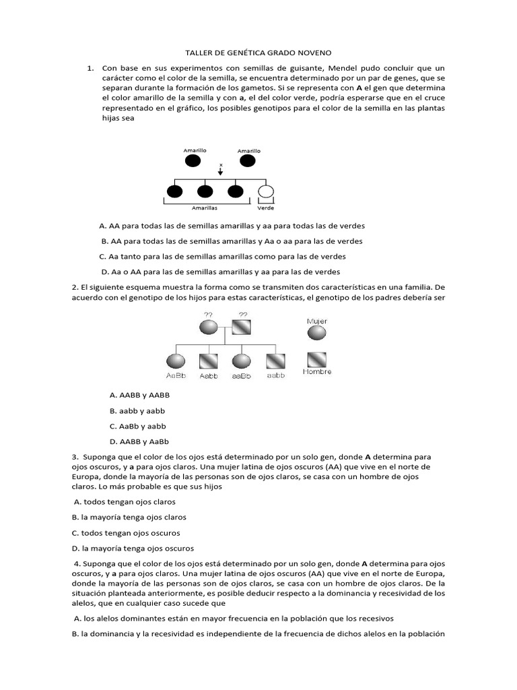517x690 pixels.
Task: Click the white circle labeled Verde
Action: click(x=267, y=192)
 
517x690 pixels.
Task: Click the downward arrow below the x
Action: click(x=220, y=172)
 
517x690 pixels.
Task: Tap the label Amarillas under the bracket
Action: click(x=203, y=208)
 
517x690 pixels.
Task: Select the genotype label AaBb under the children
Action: click(x=176, y=375)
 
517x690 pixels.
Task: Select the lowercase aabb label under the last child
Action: click(x=276, y=375)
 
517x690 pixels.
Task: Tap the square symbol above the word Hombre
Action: click(x=317, y=359)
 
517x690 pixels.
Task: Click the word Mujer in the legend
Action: click(x=317, y=321)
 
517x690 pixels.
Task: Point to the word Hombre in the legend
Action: click(x=317, y=371)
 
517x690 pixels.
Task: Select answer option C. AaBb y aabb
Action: click(x=137, y=427)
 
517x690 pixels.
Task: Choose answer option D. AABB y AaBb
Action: click(x=139, y=442)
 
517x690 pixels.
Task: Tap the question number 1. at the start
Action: click(x=90, y=68)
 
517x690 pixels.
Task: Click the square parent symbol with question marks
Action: click(x=242, y=328)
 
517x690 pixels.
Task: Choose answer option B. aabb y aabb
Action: click(x=137, y=410)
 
